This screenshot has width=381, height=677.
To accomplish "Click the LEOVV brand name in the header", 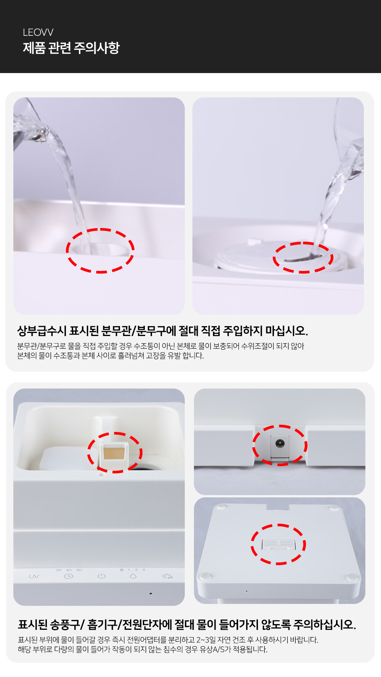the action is tap(38, 32).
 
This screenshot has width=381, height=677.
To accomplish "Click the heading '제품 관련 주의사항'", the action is tap(71, 48).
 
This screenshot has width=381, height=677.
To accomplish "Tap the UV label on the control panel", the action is tap(34, 577).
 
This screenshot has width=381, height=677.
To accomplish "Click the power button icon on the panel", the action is tap(101, 576).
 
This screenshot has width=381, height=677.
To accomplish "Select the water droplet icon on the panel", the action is tap(133, 576).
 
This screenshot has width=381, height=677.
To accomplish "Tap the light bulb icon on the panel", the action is tap(167, 576).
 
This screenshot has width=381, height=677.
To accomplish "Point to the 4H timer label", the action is tap(69, 570).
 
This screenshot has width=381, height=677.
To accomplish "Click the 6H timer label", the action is tap(79, 570).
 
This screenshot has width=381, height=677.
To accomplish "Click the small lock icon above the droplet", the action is tap(122, 570).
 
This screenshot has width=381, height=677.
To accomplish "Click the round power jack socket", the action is tap(280, 443).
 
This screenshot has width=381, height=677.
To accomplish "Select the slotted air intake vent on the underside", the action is tap(279, 544).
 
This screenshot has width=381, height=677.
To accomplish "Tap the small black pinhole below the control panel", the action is tap(151, 593).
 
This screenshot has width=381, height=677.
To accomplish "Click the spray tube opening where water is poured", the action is tap(100, 249).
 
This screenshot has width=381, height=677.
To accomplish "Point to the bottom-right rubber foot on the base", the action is tap(352, 577).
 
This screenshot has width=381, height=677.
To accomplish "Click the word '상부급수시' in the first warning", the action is tap(42, 331).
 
